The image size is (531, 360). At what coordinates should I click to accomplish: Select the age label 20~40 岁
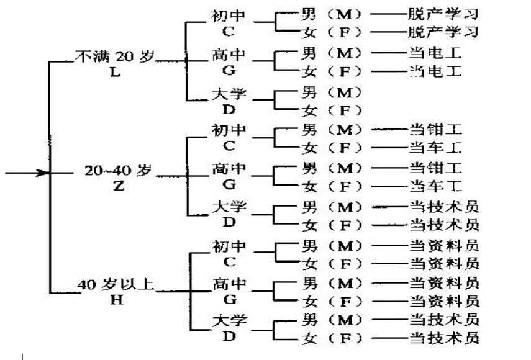[x=118, y=171]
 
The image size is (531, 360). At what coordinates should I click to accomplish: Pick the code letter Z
[x=119, y=186]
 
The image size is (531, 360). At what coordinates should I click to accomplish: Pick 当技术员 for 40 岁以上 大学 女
[x=443, y=339]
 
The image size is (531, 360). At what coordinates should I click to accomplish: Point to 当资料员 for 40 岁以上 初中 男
[x=443, y=244]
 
